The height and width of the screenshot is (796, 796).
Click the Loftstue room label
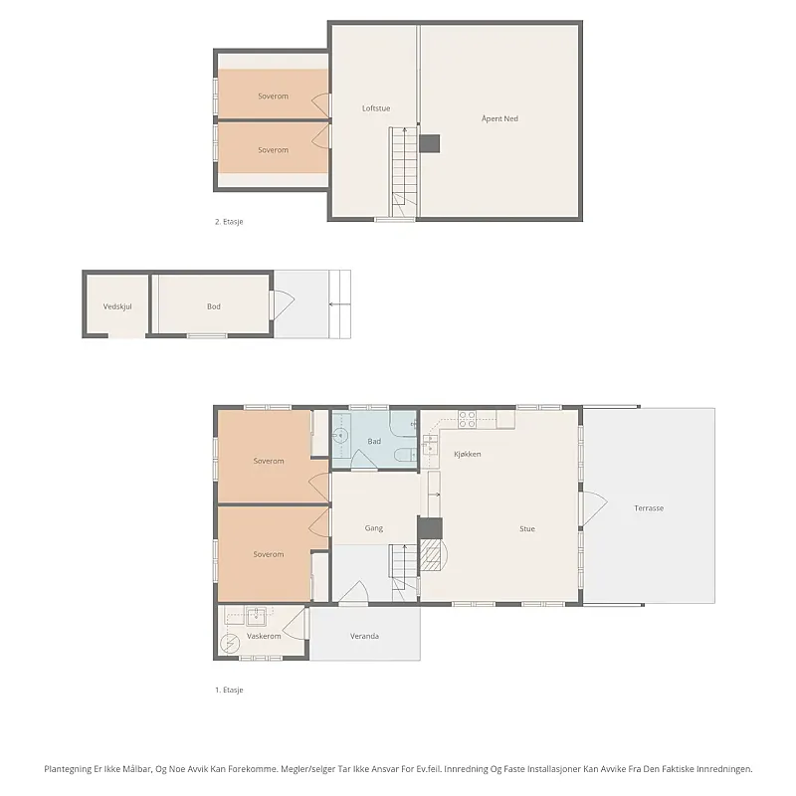tap(376, 108)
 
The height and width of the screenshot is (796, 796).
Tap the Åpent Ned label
tap(499, 118)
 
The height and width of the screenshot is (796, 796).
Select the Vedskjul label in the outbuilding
tap(117, 306)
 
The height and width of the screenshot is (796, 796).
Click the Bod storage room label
tap(214, 306)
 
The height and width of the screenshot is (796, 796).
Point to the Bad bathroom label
tap(374, 441)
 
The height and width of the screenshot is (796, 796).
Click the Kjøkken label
tap(467, 454)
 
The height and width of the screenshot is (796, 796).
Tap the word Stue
tap(527, 528)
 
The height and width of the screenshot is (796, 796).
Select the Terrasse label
tap(649, 508)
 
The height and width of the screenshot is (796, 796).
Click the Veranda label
tap(364, 636)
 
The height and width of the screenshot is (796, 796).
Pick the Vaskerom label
tap(264, 636)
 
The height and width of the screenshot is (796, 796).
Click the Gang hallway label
tap(374, 528)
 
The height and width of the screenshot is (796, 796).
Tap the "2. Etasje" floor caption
tap(229, 222)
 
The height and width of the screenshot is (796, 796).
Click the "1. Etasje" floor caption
tap(229, 690)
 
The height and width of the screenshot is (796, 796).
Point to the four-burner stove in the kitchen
tap(467, 419)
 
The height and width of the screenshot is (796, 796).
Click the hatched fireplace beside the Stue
tap(433, 555)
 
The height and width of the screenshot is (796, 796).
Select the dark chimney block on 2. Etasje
tap(430, 143)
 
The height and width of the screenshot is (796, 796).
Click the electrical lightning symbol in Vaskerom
tap(230, 644)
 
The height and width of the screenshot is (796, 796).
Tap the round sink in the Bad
tap(340, 435)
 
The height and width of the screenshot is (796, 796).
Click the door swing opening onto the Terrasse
tap(594, 508)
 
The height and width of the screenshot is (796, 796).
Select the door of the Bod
tap(284, 304)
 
